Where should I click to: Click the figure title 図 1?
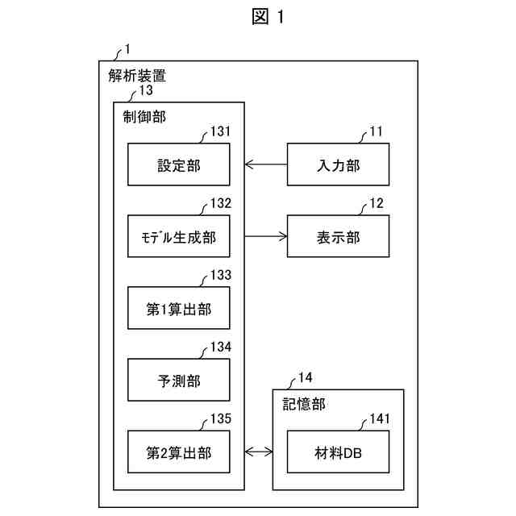268,16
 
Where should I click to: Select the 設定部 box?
179,164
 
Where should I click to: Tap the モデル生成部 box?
179,236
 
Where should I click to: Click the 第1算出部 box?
179,308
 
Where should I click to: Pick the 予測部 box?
179,380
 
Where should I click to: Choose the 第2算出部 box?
179,451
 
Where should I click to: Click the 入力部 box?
338,164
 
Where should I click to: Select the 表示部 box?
338,236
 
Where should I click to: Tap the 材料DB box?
338,451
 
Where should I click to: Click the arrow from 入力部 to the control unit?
266,164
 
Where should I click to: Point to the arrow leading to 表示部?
266,236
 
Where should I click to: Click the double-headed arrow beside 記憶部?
259,451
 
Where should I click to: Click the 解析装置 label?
137,76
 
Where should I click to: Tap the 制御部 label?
144,117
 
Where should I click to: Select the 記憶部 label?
304,405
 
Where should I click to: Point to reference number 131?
220,131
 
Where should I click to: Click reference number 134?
221,347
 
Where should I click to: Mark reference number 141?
380,419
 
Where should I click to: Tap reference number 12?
377,203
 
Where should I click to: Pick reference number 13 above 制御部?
146,90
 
